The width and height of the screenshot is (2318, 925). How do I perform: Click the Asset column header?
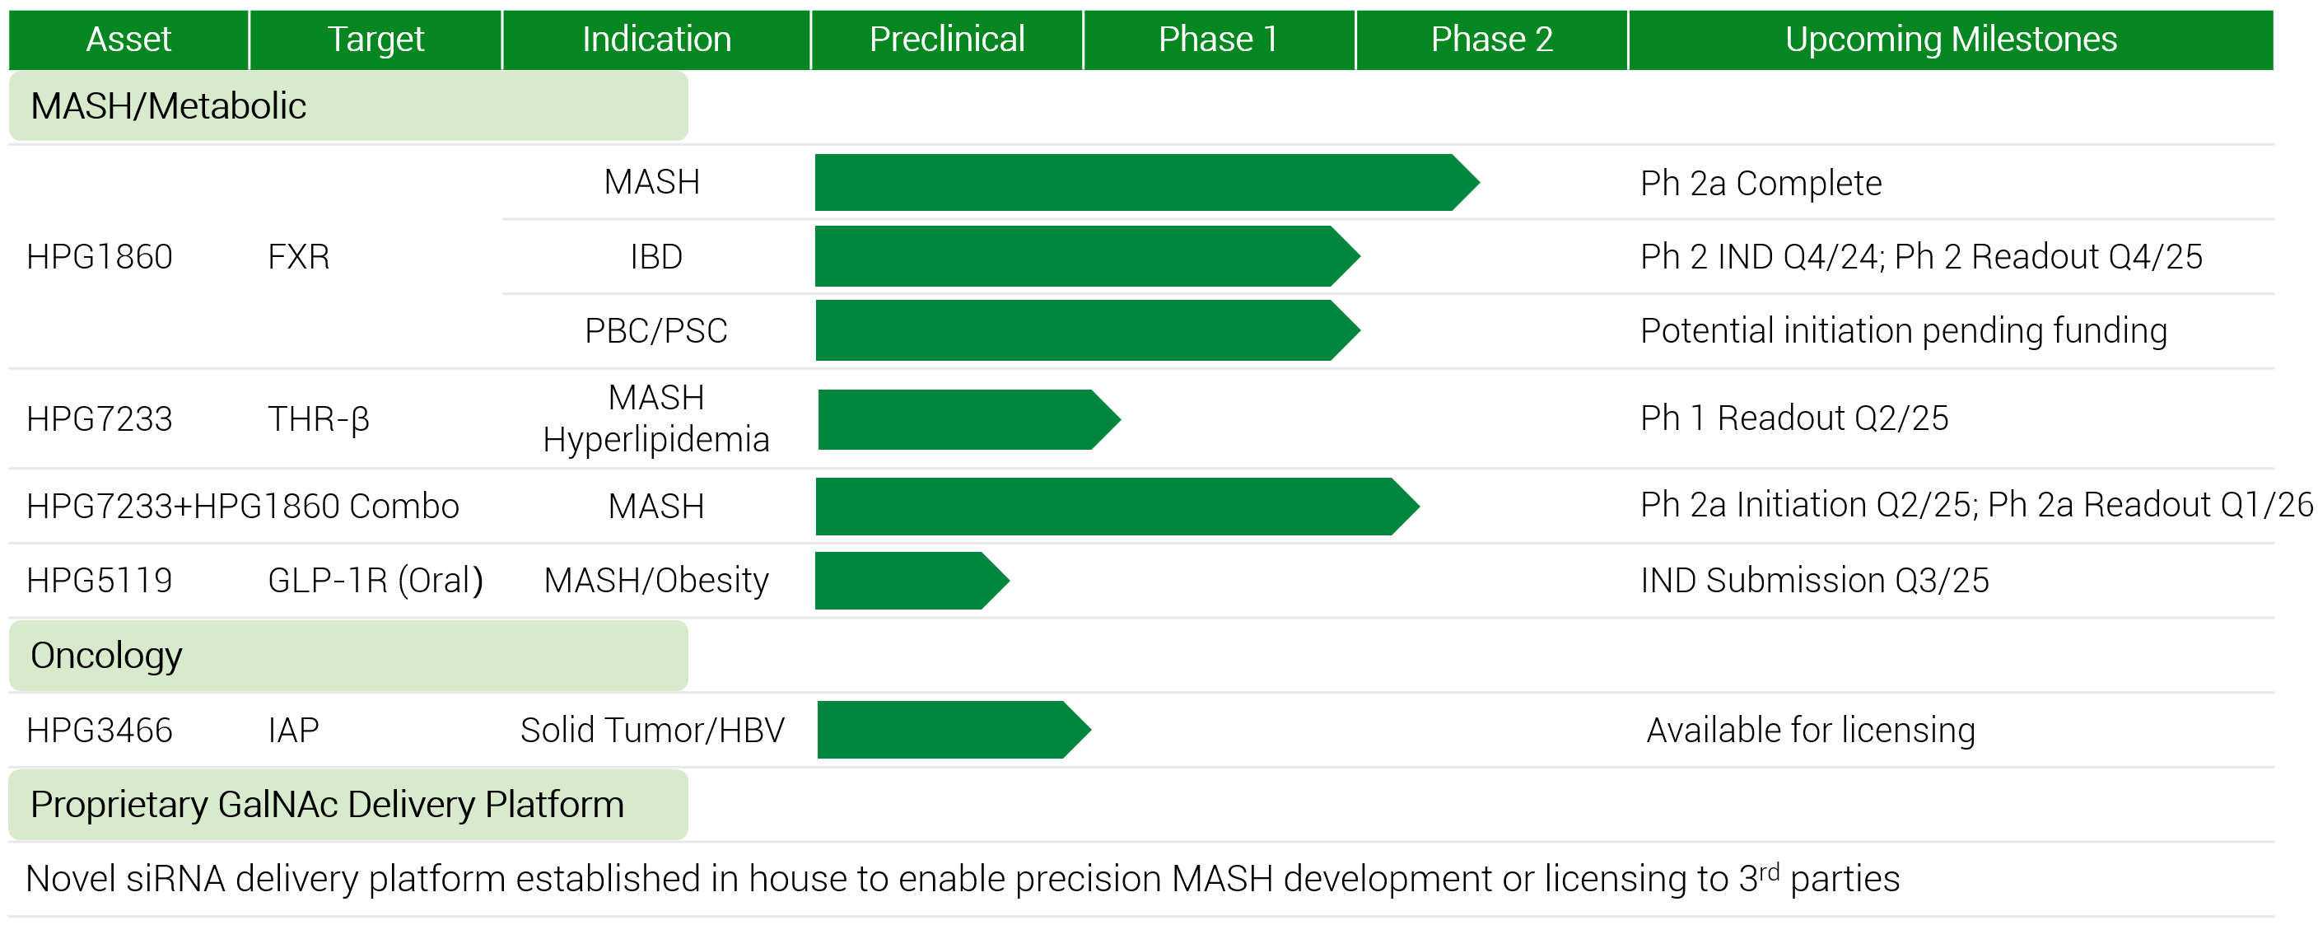pyautogui.click(x=128, y=40)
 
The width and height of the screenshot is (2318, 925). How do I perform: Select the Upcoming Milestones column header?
pyautogui.click(x=1951, y=40)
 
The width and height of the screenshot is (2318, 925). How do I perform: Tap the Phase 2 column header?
pyautogui.click(x=1492, y=40)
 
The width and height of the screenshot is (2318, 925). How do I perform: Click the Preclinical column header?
pyautogui.click(x=947, y=40)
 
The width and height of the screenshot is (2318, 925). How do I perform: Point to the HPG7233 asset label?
pyautogui.click(x=99, y=419)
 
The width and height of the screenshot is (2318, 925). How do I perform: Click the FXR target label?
pyautogui.click(x=299, y=257)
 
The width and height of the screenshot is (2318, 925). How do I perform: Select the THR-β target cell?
pyautogui.click(x=319, y=419)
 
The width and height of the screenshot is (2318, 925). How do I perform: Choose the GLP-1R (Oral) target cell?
pyautogui.click(x=375, y=581)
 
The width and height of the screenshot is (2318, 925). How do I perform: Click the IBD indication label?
pyautogui.click(x=656, y=257)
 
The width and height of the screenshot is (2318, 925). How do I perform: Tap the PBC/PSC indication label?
pyautogui.click(x=656, y=331)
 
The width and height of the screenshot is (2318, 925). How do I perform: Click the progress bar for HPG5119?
pyautogui.click(x=912, y=581)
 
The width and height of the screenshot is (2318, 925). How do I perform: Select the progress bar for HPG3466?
pyautogui.click(x=954, y=730)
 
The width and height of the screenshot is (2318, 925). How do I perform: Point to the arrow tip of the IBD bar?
pyautogui.click(x=1360, y=256)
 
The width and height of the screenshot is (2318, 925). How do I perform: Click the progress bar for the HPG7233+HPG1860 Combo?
pyautogui.click(x=1117, y=507)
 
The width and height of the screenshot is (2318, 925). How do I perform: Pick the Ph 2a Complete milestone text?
pyautogui.click(x=1761, y=184)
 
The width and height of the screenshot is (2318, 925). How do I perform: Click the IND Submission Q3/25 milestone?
pyautogui.click(x=1814, y=581)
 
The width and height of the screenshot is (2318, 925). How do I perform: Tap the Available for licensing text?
pyautogui.click(x=1811, y=731)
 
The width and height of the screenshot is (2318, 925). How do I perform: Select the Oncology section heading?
pyautogui.click(x=106, y=656)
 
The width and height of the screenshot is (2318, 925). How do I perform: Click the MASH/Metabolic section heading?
pyautogui.click(x=168, y=106)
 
